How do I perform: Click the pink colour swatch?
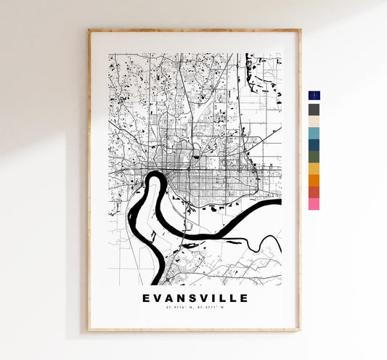click(314, 205)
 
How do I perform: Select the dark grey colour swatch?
click(314, 110)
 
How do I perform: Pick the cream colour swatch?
click(314, 122)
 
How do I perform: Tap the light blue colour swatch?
click(314, 134)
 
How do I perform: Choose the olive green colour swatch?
click(314, 157)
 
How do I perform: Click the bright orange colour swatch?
click(314, 181)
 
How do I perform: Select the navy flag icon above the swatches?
click(314, 96)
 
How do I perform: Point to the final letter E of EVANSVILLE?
click(245, 298)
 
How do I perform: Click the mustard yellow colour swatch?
click(314, 169)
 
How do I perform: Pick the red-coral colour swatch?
click(314, 192)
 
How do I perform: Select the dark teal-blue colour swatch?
click(314, 145)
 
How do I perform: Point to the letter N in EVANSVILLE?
click(176, 298)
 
